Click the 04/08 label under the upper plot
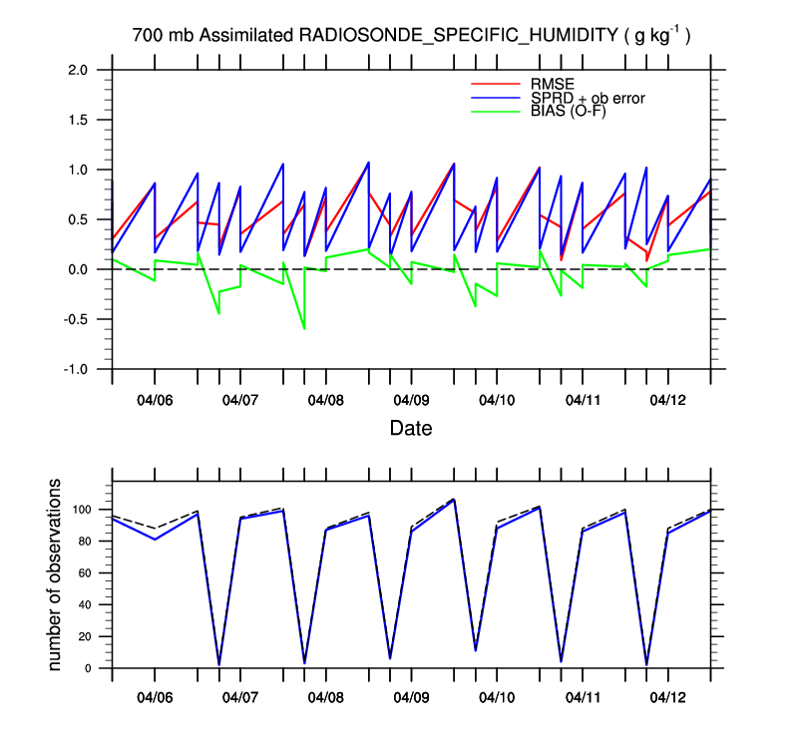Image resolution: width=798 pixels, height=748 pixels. pyautogui.click(x=325, y=400)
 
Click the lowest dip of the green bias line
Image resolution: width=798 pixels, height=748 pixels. pyautogui.click(x=304, y=328)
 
